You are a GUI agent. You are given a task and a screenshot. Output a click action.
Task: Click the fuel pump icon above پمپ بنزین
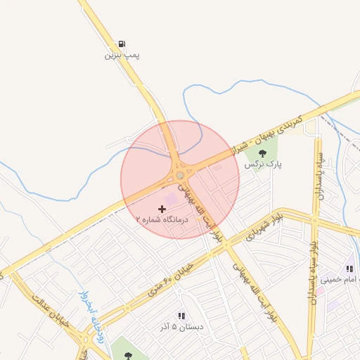[123, 44]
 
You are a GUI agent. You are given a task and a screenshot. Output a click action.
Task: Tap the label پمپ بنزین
[123, 54]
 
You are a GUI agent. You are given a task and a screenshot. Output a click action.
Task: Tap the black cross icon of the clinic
[162, 209]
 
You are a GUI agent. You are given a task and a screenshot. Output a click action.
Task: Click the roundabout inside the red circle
[180, 175]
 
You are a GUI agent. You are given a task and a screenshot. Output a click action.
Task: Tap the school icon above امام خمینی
[349, 269]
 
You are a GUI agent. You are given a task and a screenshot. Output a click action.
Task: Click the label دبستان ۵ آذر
[181, 327]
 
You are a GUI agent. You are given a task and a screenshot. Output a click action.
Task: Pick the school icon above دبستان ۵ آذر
[181, 316]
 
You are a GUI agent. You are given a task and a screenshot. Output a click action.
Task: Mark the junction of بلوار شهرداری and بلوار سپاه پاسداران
[314, 219]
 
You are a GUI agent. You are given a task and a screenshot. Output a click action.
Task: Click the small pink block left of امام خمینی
[320, 290]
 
